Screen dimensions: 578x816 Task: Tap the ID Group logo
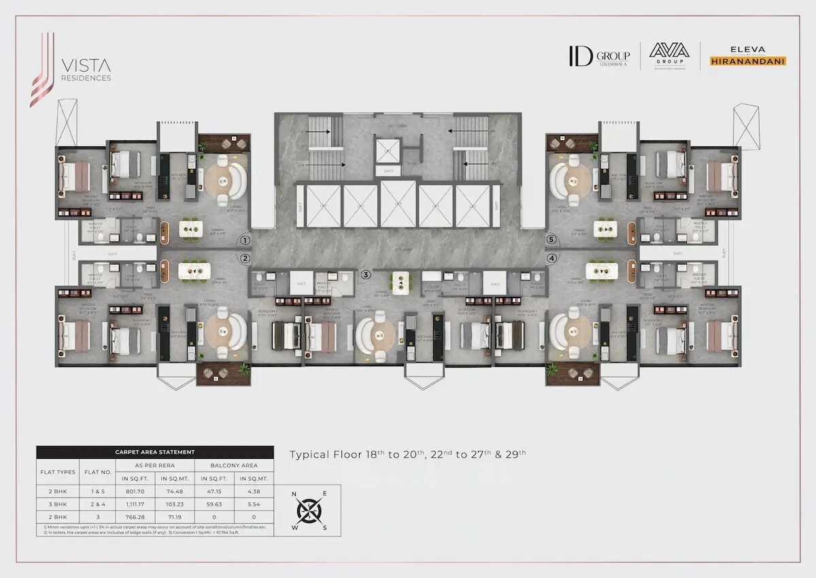pos(599,56)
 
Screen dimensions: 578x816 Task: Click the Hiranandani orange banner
pos(748,61)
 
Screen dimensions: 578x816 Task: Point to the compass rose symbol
pos(311,509)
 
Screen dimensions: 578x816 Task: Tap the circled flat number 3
pos(366,274)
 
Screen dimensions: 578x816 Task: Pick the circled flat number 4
pos(551,258)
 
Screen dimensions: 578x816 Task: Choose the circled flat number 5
pos(551,240)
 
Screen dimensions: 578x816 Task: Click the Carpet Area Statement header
pos(154,452)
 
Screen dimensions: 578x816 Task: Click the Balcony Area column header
pos(234,466)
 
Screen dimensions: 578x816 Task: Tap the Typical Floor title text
pos(408,454)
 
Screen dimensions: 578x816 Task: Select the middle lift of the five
pos(398,205)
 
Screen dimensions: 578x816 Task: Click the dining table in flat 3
pos(400,279)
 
